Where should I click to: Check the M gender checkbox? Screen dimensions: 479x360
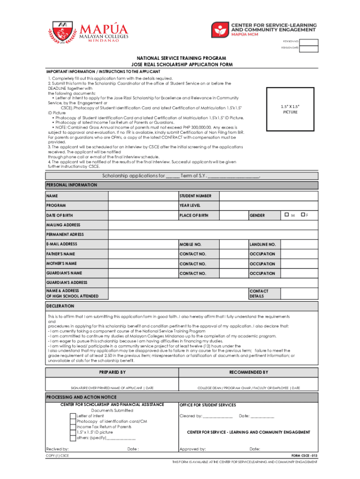point(286,215)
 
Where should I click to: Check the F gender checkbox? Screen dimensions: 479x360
point(303,215)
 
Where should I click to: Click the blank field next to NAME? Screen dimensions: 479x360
point(143,196)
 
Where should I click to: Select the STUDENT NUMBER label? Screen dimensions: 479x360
point(195,196)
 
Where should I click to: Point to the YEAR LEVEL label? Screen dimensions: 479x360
point(190,205)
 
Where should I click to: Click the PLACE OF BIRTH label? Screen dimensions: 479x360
point(194,215)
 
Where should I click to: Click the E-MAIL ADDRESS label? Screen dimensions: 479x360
point(62,244)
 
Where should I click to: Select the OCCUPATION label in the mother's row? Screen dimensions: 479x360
point(262,264)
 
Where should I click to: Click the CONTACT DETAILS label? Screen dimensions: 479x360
point(259,293)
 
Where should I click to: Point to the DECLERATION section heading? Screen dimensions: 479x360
point(60,306)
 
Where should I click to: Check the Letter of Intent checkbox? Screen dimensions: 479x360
point(72,416)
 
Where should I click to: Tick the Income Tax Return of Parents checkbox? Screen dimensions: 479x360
point(72,427)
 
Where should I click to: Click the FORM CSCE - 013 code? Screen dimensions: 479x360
point(304,455)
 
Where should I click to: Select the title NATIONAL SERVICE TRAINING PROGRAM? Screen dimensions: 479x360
point(182,58)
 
